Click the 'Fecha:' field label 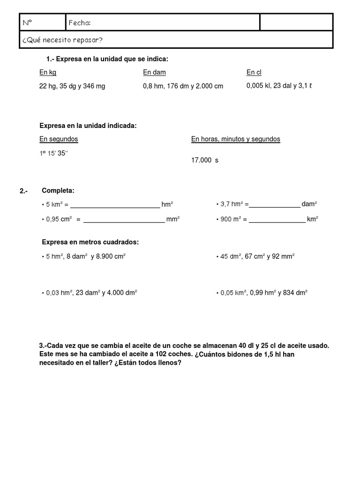coord(80,23)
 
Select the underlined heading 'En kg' coord(48,72)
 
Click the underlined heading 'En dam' coord(155,72)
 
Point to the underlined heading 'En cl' coord(254,72)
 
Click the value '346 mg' coord(94,86)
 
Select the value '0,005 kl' coord(258,86)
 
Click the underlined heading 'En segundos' coord(59,139)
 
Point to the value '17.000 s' coord(205,160)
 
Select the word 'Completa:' coord(58,190)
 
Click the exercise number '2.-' coord(24,191)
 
